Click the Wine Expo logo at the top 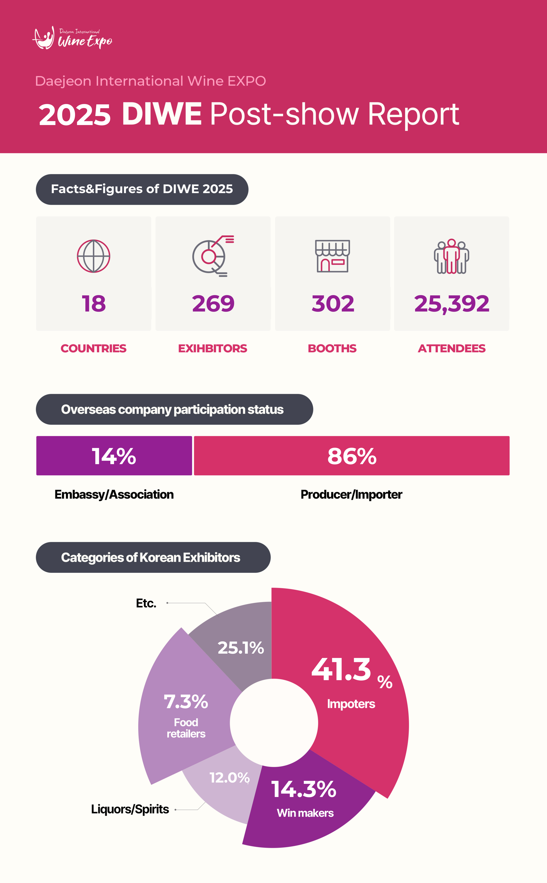[72, 38]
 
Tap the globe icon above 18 [93, 256]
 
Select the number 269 [213, 303]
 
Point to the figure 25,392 [451, 303]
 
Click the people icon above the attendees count [451, 256]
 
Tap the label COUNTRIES [93, 348]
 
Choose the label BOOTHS [332, 348]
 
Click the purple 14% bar [114, 456]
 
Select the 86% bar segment [352, 456]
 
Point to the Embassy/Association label [114, 495]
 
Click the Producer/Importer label [351, 495]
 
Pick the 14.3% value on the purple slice [304, 789]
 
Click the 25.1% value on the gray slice [241, 648]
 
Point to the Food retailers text [186, 728]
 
